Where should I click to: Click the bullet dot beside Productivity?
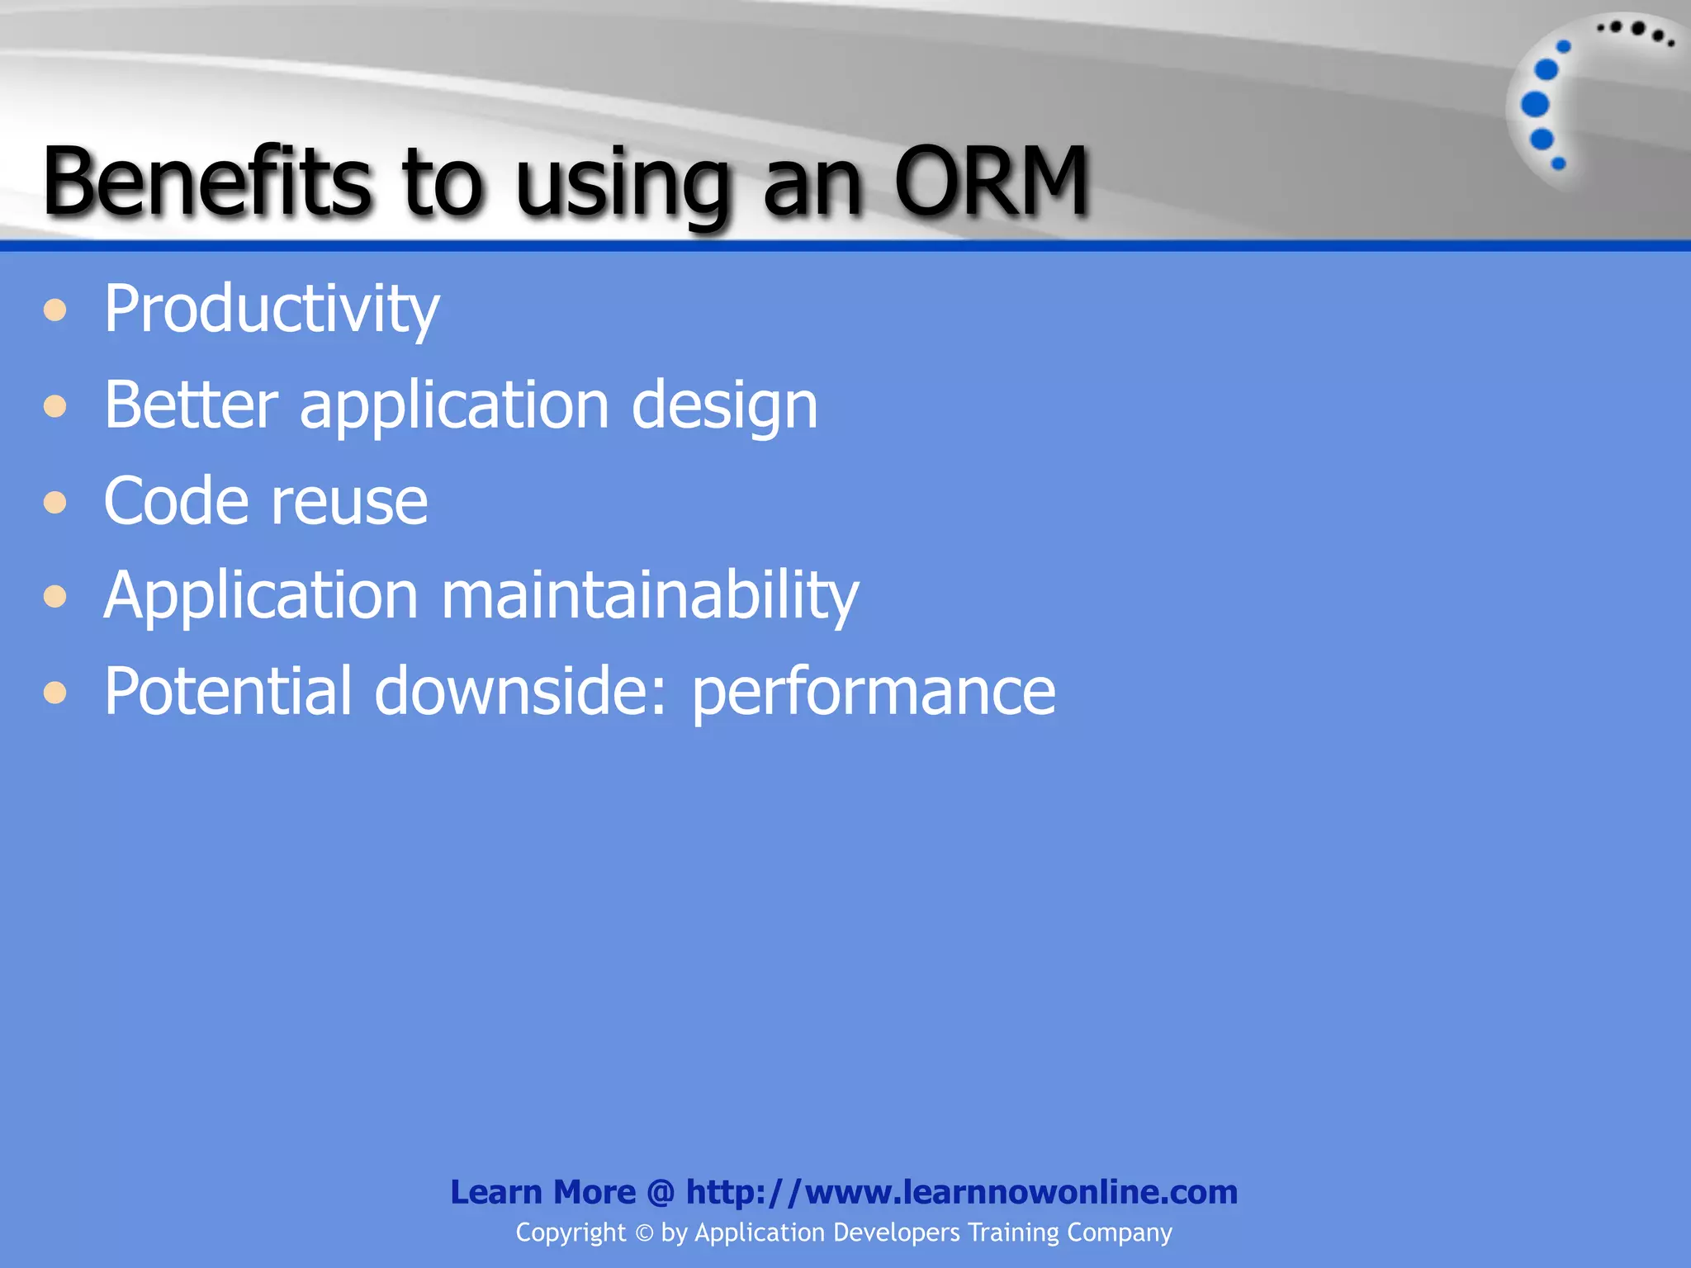point(55,310)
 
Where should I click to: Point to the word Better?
point(191,405)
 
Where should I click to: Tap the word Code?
point(175,500)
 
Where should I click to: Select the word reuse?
point(349,502)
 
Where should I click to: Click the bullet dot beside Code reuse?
point(55,502)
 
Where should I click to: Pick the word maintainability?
point(650,596)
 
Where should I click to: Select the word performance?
point(873,693)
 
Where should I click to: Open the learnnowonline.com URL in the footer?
point(961,1192)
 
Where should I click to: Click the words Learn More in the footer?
point(542,1192)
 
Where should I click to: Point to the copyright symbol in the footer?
point(644,1233)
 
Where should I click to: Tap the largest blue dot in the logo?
point(1535,104)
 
